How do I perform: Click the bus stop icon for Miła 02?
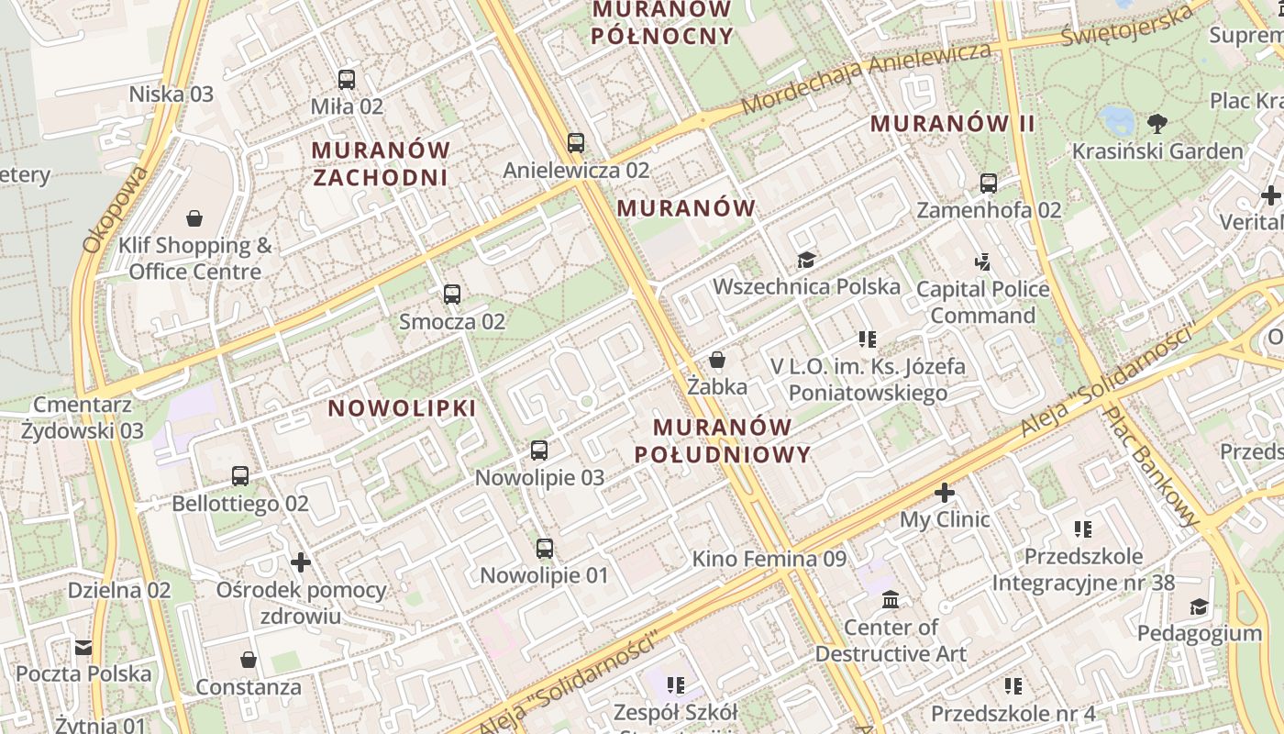pyautogui.click(x=346, y=80)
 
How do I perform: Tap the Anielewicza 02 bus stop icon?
pyautogui.click(x=576, y=143)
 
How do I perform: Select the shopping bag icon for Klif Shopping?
pyautogui.click(x=194, y=218)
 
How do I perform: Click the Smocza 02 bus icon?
pyautogui.click(x=451, y=295)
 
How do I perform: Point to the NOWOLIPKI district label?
pyautogui.click(x=403, y=408)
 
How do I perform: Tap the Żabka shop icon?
pyautogui.click(x=717, y=360)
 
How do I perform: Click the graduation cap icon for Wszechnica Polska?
pyautogui.click(x=806, y=261)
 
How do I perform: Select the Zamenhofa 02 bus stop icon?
pyautogui.click(x=988, y=183)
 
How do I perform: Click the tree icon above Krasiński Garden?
pyautogui.click(x=1157, y=122)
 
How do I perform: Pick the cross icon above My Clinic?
pyautogui.click(x=945, y=493)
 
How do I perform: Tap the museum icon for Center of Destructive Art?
pyautogui.click(x=890, y=601)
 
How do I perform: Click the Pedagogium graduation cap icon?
pyautogui.click(x=1199, y=606)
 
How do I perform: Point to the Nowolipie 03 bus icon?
pyautogui.click(x=539, y=450)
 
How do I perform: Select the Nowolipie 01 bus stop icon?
pyautogui.click(x=545, y=549)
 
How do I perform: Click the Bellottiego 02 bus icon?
pyautogui.click(x=240, y=476)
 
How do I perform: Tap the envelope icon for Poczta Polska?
pyautogui.click(x=83, y=648)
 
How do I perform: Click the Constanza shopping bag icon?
pyautogui.click(x=248, y=660)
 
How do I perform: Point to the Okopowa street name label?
pyautogui.click(x=115, y=209)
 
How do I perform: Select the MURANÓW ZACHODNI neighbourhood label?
pyautogui.click(x=381, y=163)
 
